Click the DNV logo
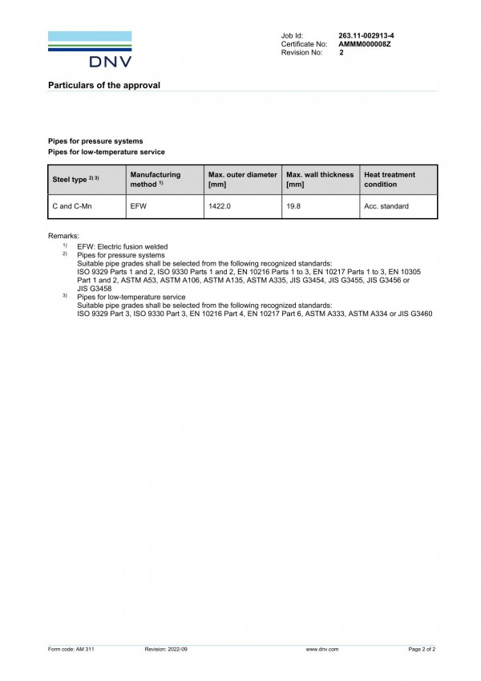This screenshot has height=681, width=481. click(90, 49)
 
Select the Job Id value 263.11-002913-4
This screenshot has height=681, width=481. click(366, 36)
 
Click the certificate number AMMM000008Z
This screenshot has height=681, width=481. click(365, 44)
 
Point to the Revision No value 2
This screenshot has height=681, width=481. click(341, 52)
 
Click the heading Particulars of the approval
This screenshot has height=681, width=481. click(104, 85)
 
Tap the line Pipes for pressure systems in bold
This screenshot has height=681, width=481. click(95, 141)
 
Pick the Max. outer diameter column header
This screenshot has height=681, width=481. click(242, 179)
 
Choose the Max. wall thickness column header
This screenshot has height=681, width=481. click(319, 179)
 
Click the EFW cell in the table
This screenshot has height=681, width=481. click(138, 206)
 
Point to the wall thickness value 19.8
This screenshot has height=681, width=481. click(293, 206)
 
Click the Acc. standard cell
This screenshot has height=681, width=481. click(386, 206)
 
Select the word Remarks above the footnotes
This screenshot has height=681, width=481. click(64, 236)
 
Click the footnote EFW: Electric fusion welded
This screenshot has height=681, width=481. click(122, 246)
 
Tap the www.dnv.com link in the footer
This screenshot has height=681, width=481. click(322, 648)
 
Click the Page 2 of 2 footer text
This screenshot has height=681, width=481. click(422, 648)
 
